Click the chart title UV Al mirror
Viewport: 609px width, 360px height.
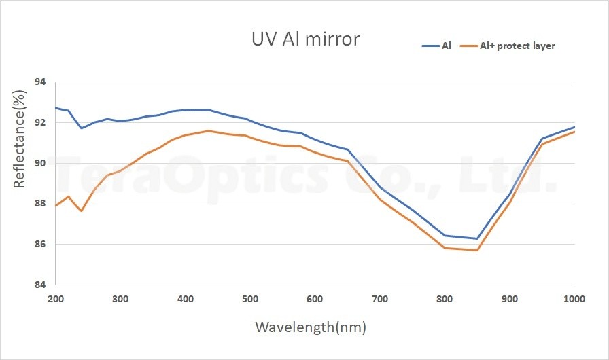tap(304, 39)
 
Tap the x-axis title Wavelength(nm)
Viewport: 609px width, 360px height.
tap(311, 327)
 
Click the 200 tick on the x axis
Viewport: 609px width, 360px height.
tap(56, 298)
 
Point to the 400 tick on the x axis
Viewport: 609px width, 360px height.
tap(186, 298)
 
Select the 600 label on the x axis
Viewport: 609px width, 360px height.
tap(315, 298)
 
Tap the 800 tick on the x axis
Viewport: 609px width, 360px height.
tap(445, 298)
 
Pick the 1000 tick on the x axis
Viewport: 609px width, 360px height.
tap(574, 298)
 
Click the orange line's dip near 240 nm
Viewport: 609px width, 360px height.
tap(82, 211)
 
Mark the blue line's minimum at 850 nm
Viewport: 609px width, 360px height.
tap(477, 238)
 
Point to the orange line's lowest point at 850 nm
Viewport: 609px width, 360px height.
tap(477, 250)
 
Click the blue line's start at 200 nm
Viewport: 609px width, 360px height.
tap(56, 107)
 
